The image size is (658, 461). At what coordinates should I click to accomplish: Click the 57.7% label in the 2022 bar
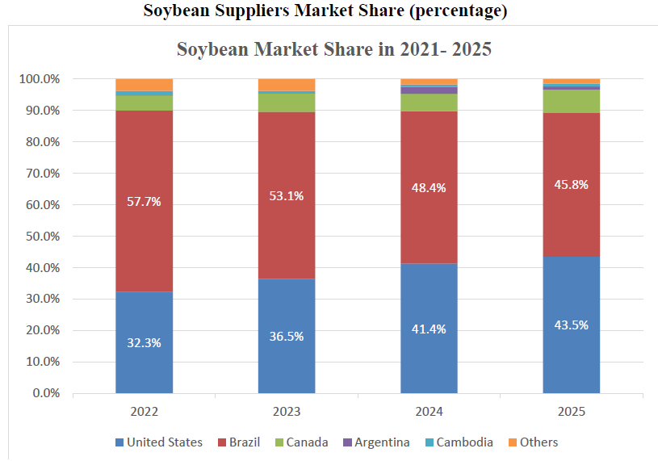(144, 202)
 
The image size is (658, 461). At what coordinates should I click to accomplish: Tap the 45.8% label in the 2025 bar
(571, 184)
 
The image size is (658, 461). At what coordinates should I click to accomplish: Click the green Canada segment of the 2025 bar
(571, 101)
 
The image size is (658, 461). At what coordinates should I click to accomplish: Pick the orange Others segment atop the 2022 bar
(144, 85)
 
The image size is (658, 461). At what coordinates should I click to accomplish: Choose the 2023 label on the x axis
(287, 412)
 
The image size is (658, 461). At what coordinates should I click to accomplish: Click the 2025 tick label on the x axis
(571, 412)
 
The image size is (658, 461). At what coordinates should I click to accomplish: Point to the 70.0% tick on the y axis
(40, 174)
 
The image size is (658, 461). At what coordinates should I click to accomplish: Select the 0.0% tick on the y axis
(44, 393)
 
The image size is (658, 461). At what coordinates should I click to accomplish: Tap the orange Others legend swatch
(512, 442)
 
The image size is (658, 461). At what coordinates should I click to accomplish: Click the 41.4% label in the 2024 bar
(429, 329)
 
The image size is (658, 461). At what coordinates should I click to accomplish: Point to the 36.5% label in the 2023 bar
(287, 336)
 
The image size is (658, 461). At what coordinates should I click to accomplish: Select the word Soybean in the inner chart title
(212, 49)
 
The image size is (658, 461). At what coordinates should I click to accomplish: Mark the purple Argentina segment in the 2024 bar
(429, 90)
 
